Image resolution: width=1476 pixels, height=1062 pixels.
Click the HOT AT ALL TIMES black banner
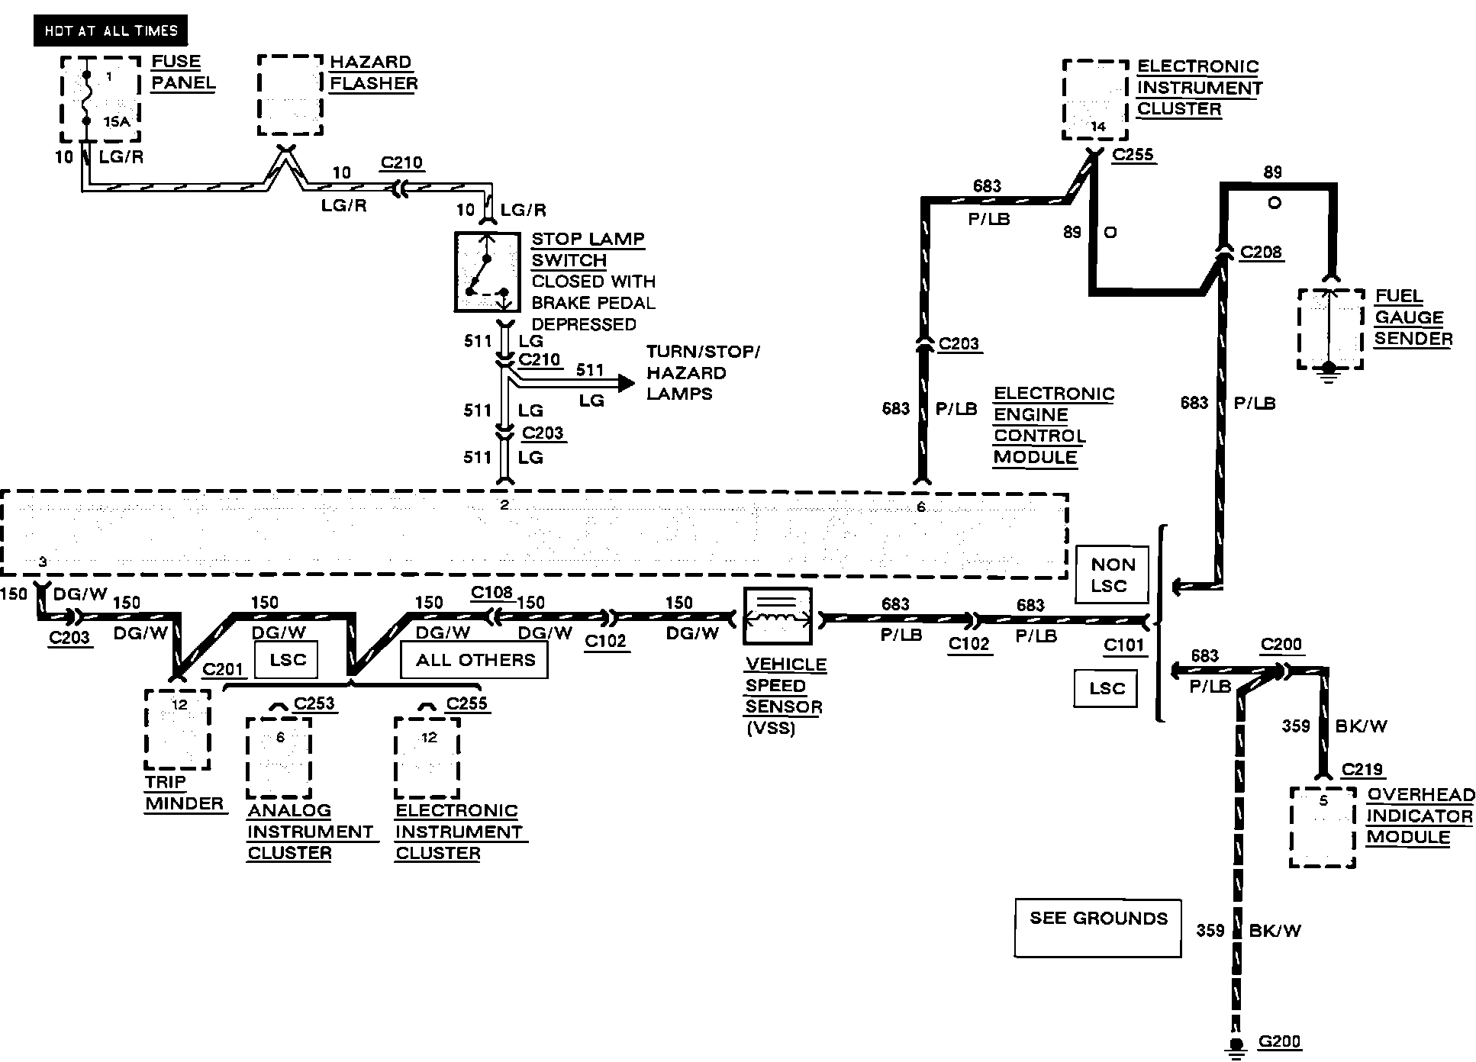click(111, 31)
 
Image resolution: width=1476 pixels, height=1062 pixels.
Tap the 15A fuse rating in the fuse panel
click(118, 121)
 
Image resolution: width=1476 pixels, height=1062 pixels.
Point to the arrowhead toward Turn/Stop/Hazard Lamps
click(627, 383)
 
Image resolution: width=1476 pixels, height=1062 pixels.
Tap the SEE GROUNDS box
click(1097, 928)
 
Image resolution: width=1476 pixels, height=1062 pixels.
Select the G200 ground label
click(1279, 1041)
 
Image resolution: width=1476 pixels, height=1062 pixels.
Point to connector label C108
click(491, 593)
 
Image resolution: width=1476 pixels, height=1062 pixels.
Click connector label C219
click(1363, 769)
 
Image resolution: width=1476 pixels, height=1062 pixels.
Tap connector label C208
click(1262, 252)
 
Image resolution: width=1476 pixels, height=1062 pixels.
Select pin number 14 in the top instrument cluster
click(1098, 127)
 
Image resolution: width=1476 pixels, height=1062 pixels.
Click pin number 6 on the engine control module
click(921, 507)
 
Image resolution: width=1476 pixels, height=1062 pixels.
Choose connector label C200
click(1281, 645)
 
